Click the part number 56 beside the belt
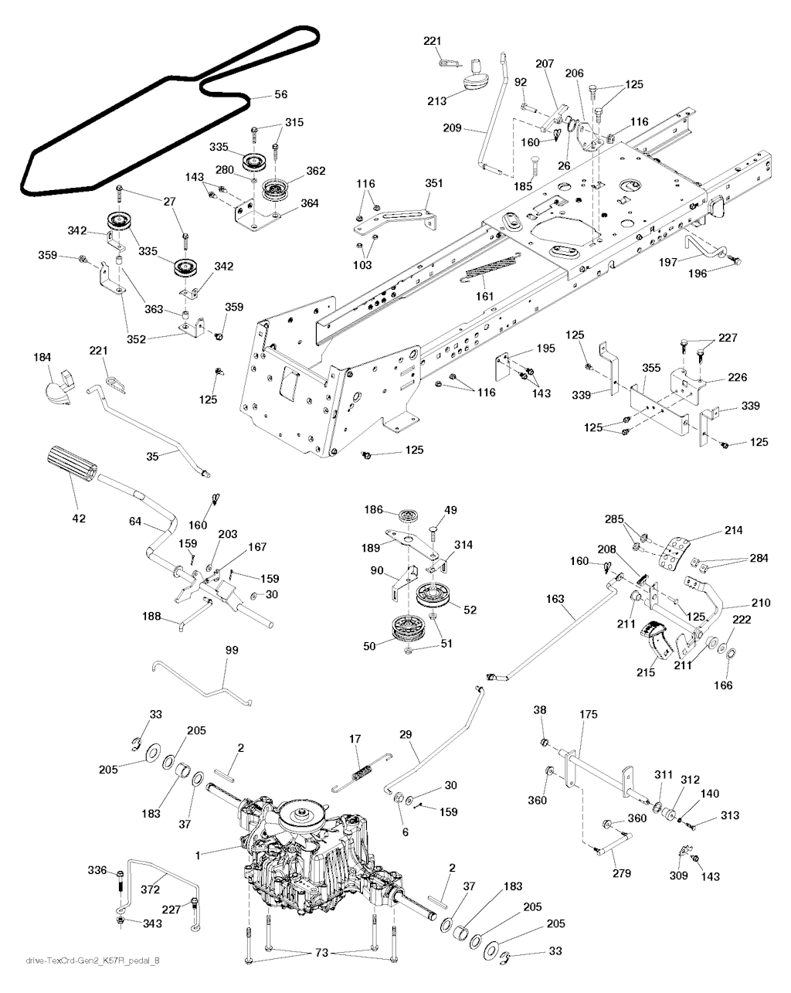point(280,94)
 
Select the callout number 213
point(436,101)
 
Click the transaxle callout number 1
point(198,855)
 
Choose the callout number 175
point(588,714)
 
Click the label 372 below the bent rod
point(151,889)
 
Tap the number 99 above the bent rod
point(232,650)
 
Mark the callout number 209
point(452,128)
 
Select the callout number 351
point(433,183)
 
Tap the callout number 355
point(651,368)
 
